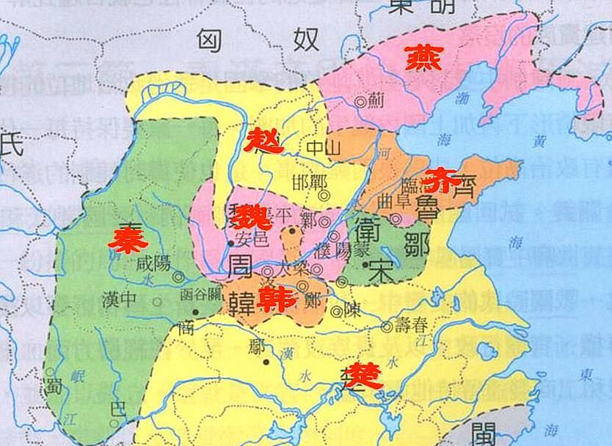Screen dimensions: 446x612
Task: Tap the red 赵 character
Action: tap(264, 139)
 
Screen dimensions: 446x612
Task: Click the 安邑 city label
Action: tap(252, 238)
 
